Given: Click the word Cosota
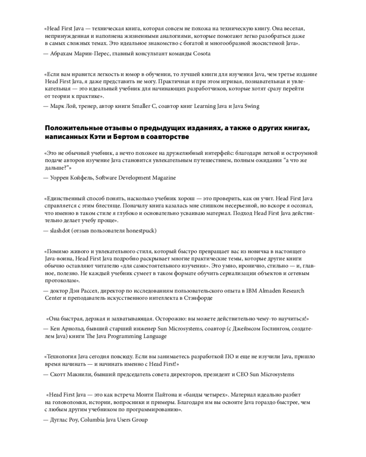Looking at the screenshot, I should pyautogui.click(x=201, y=53).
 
